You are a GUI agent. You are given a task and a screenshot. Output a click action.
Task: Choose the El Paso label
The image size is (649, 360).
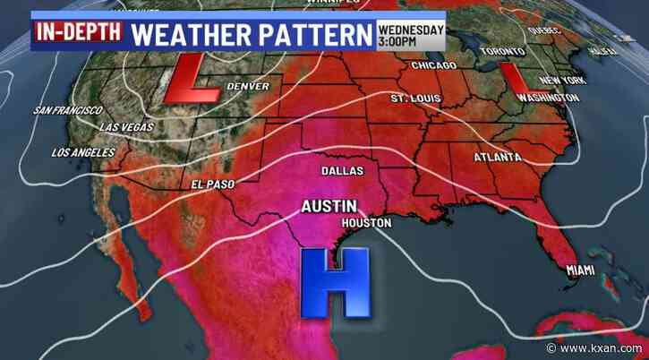point(211,184)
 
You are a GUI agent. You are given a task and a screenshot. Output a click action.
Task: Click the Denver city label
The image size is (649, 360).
point(248,87)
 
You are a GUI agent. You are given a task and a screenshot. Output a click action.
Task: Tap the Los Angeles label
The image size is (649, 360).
point(84,152)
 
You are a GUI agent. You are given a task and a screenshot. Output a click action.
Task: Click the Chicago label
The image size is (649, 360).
point(435,66)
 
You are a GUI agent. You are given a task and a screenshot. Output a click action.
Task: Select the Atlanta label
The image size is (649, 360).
point(498,158)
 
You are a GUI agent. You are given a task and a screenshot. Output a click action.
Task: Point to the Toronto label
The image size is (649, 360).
point(502,51)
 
